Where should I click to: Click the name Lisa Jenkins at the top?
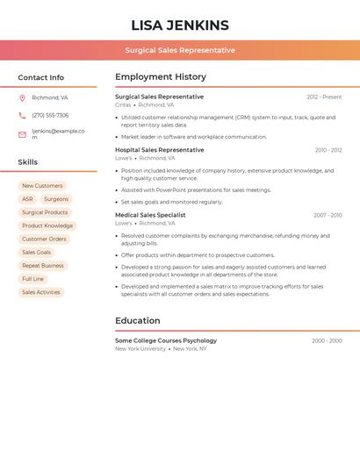[x=180, y=25]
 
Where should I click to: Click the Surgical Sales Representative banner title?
[x=180, y=50]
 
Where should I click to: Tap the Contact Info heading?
[x=41, y=77]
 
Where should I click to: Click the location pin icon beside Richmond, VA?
[x=22, y=97]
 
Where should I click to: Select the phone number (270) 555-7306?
[x=50, y=115]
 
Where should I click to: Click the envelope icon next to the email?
[x=22, y=134]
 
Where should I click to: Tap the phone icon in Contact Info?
[x=22, y=115]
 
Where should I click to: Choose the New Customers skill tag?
[x=42, y=186]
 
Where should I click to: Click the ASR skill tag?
[x=27, y=199]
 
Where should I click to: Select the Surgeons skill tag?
[x=56, y=199]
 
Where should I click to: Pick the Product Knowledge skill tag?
[x=47, y=225]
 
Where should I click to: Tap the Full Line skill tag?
[x=32, y=279]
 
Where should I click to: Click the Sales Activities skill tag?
[x=41, y=292]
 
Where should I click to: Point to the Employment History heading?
[x=161, y=77]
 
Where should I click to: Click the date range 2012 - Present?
[x=324, y=97]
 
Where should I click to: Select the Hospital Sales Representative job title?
[x=160, y=150]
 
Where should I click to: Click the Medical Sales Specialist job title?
[x=150, y=215]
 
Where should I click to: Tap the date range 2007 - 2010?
[x=328, y=215]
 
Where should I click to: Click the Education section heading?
[x=138, y=320]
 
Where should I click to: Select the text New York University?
[x=140, y=348]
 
